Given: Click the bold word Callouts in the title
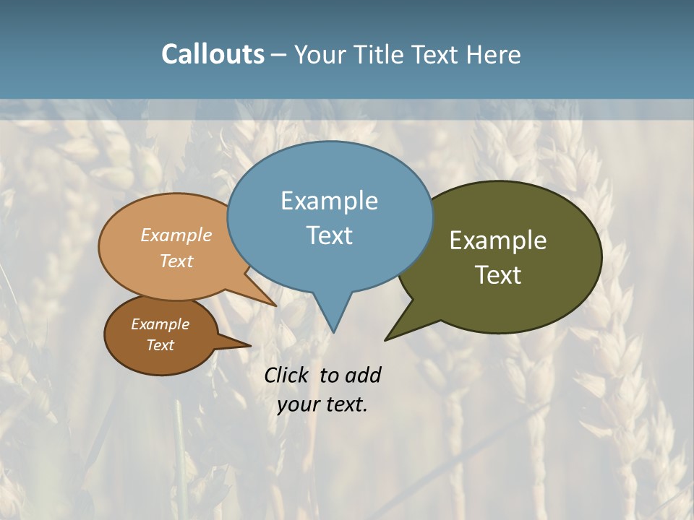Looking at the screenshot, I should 213,54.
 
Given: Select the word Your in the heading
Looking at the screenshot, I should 320,54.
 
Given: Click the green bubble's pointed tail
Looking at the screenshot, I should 388,337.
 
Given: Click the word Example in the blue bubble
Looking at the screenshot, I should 330,201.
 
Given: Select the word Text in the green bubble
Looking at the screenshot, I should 498,275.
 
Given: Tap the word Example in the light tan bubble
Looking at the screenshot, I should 176,235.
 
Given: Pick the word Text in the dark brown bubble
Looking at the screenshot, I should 160,345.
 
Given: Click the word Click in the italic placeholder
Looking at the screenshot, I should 287,375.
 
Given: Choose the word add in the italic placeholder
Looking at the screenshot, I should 363,375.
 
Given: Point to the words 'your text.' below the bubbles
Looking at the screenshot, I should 322,404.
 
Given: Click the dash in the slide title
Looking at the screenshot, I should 280,55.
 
